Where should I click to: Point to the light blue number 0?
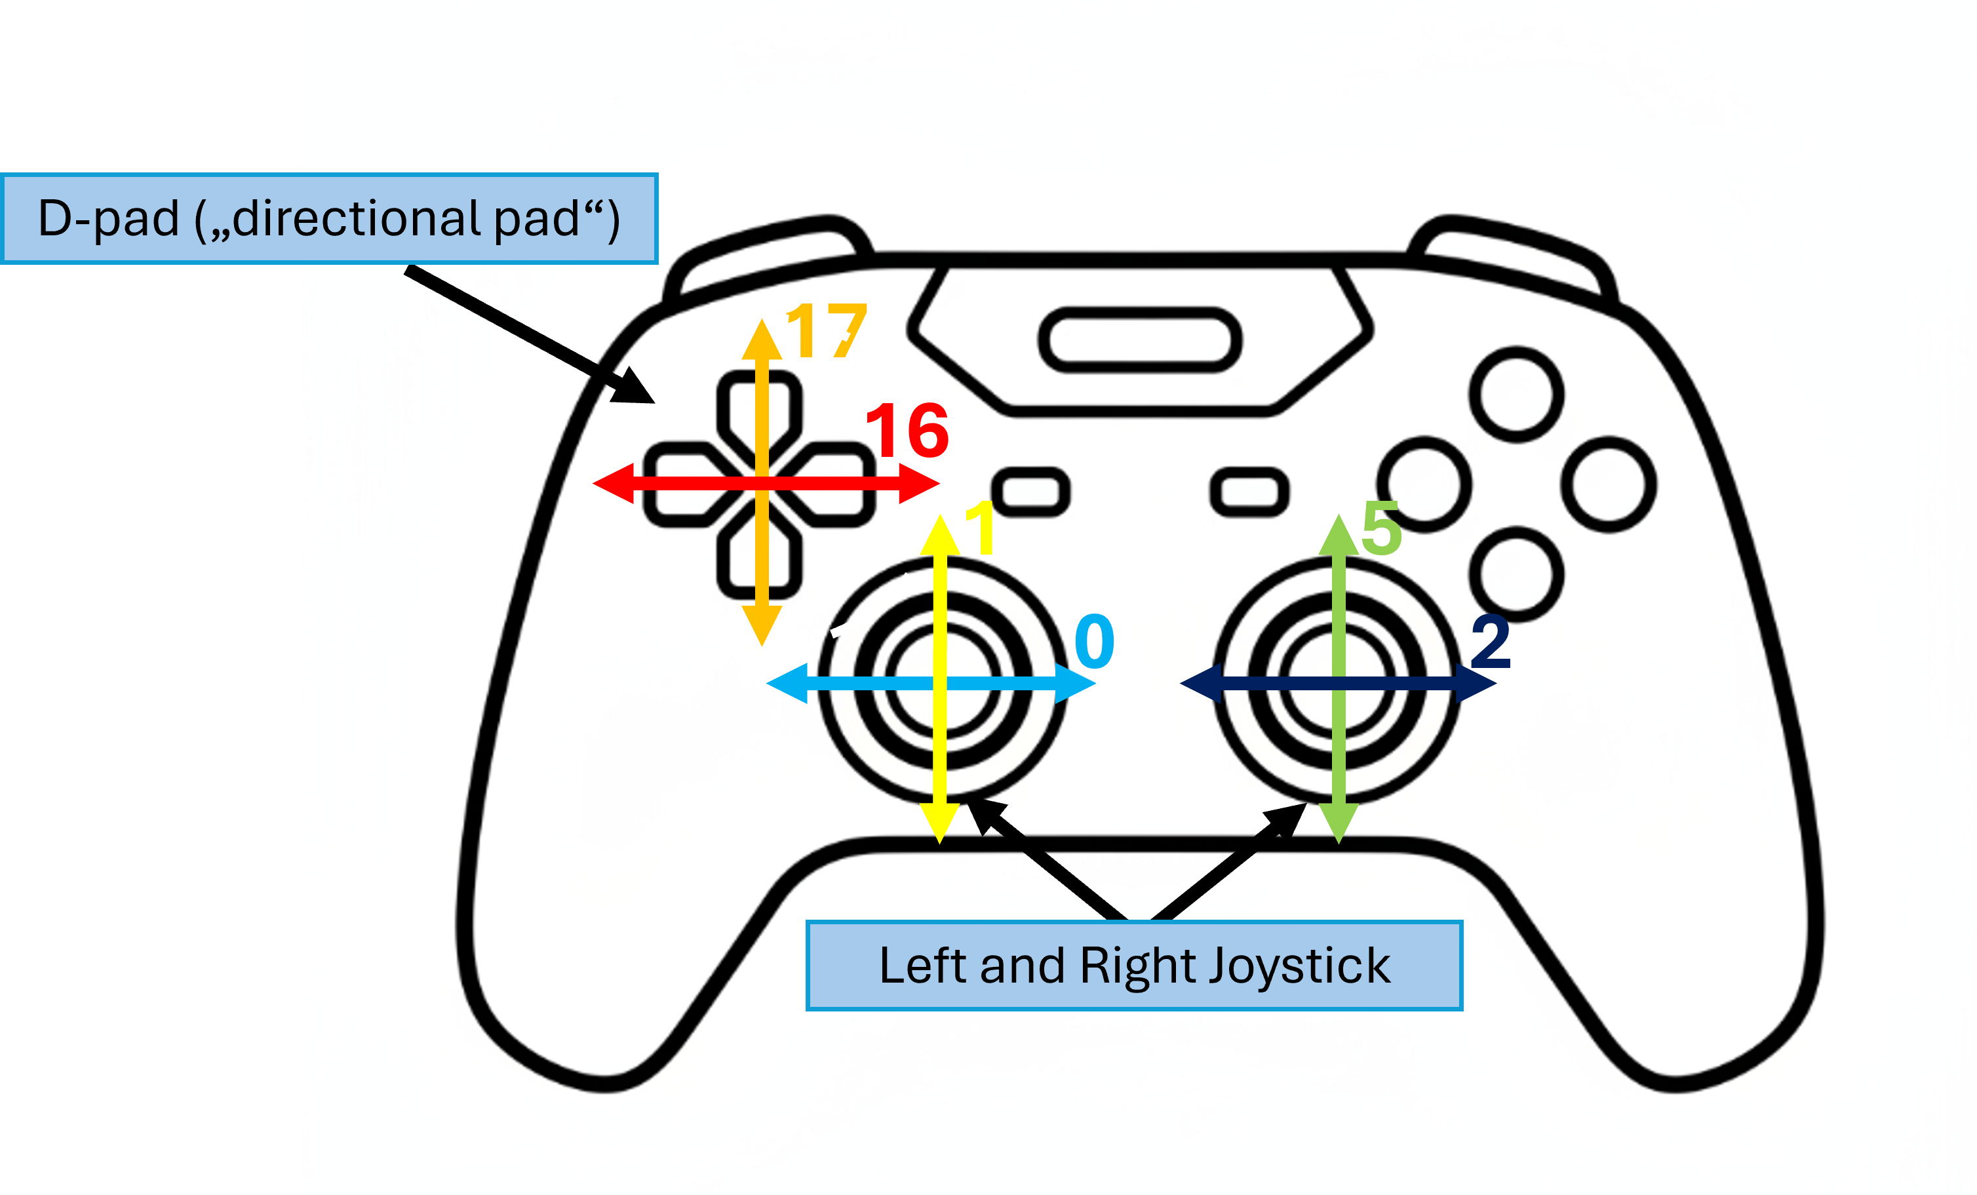click(x=1095, y=641)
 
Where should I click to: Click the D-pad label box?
click(x=329, y=218)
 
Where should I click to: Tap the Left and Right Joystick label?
click(x=1134, y=966)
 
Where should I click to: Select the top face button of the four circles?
click(x=1516, y=395)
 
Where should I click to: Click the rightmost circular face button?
click(x=1609, y=484)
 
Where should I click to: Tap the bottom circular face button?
click(x=1516, y=575)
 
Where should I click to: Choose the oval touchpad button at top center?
click(x=1139, y=340)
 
